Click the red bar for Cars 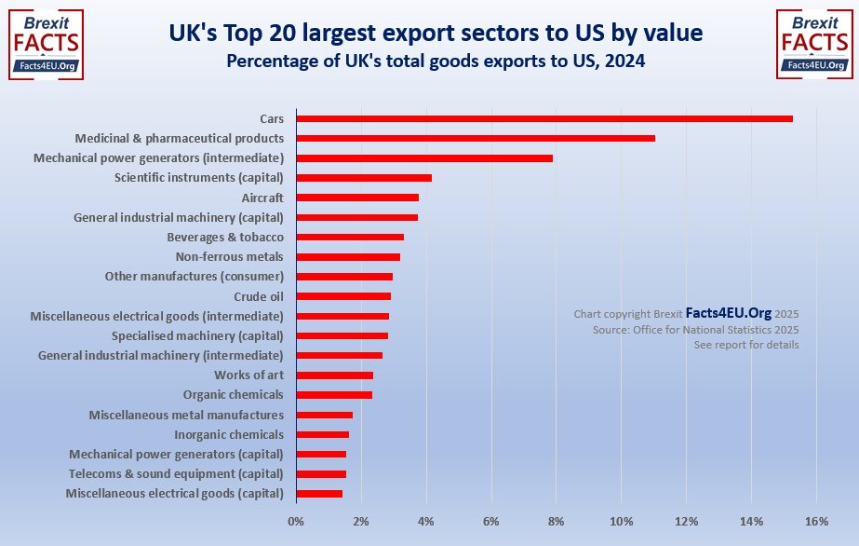[x=544, y=118]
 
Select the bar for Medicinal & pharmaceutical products [x=476, y=138]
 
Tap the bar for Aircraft [x=357, y=198]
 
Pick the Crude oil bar [x=343, y=296]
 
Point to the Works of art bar [x=335, y=375]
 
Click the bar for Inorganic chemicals [x=323, y=435]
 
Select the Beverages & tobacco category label [x=225, y=238]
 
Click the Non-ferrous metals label [x=229, y=257]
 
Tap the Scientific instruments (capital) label [x=198, y=178]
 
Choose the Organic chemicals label [x=233, y=395]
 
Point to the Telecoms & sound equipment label [x=176, y=474]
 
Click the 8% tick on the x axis [x=557, y=521]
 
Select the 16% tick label [x=816, y=521]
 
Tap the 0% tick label [x=296, y=521]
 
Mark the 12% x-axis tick [x=687, y=521]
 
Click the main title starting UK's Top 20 [x=436, y=34]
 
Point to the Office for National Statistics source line [x=695, y=330]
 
